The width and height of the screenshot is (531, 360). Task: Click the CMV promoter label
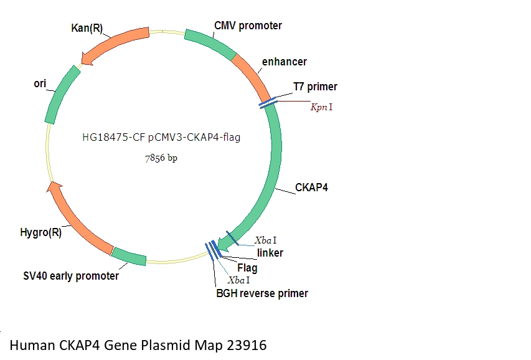pos(248,26)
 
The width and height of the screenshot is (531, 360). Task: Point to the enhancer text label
pos(284,62)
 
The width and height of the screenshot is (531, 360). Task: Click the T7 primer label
pos(315,87)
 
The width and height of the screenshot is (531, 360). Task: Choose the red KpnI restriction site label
pos(321,107)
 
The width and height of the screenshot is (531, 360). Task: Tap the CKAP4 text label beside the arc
pos(311,187)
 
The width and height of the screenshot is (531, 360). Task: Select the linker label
pos(270,253)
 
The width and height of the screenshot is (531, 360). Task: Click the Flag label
pos(247,268)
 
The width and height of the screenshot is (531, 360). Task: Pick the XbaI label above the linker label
pos(266,240)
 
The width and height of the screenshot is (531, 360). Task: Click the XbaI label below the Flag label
pos(238,280)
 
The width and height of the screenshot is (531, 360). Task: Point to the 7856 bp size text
pos(161,159)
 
